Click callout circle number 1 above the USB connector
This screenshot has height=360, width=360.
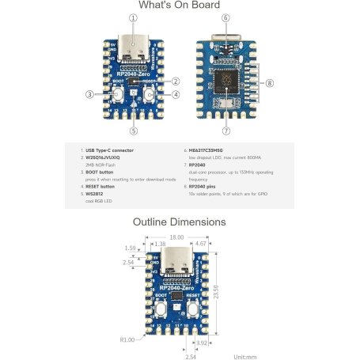tap(133, 17)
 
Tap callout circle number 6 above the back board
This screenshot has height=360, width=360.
tap(226, 17)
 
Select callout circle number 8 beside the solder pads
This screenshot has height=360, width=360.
tap(270, 83)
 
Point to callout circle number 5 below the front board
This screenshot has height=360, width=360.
tap(134, 131)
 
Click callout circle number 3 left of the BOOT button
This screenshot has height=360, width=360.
tap(89, 94)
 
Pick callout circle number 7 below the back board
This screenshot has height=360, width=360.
tap(226, 131)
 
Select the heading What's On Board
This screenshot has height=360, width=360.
tap(179, 6)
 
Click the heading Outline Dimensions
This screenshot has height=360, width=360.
tap(179, 222)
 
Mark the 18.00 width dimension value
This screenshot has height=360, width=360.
tap(176, 237)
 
